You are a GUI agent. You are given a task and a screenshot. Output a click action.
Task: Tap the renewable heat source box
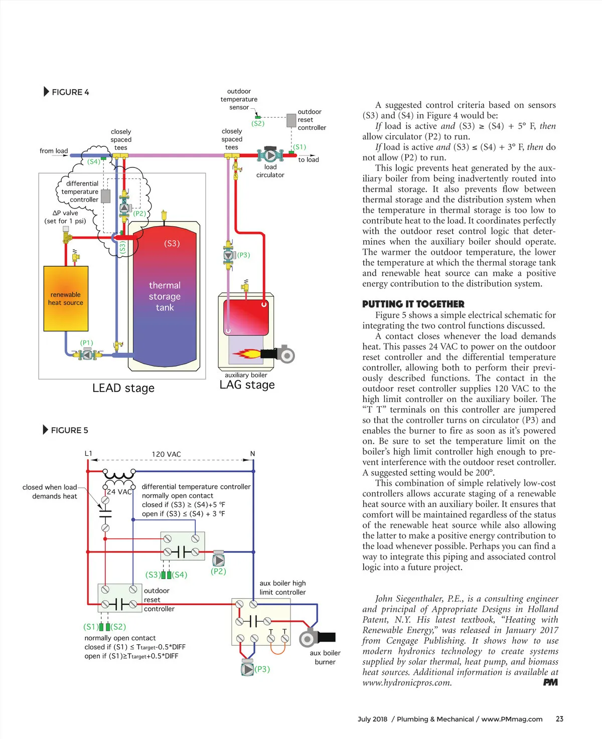click(x=66, y=298)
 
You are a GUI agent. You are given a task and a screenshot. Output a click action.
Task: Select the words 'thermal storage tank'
click(x=165, y=296)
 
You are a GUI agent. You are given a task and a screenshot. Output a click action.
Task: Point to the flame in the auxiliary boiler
click(x=246, y=353)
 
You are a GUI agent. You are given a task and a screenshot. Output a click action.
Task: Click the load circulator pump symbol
click(x=270, y=155)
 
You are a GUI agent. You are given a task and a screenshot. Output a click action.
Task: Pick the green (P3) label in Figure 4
click(x=244, y=255)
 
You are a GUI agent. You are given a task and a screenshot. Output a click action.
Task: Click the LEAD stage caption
click(x=123, y=388)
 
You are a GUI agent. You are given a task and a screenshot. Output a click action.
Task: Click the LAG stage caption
click(x=247, y=385)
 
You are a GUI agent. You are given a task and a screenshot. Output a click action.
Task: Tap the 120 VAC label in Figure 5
click(x=167, y=454)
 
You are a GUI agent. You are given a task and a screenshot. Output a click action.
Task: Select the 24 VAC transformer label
click(x=119, y=492)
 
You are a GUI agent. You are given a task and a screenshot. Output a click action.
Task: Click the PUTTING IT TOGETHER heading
click(x=413, y=304)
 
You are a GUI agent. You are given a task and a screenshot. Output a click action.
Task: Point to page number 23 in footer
click(x=559, y=719)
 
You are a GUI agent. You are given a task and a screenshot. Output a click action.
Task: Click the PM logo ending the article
click(x=550, y=682)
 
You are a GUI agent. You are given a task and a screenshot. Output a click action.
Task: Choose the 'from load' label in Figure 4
click(x=54, y=151)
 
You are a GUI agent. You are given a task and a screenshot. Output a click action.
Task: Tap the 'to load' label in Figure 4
click(x=309, y=160)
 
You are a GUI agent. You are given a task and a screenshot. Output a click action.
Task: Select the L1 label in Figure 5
click(x=88, y=454)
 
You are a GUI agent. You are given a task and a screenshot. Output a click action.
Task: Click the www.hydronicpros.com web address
click(x=407, y=682)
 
